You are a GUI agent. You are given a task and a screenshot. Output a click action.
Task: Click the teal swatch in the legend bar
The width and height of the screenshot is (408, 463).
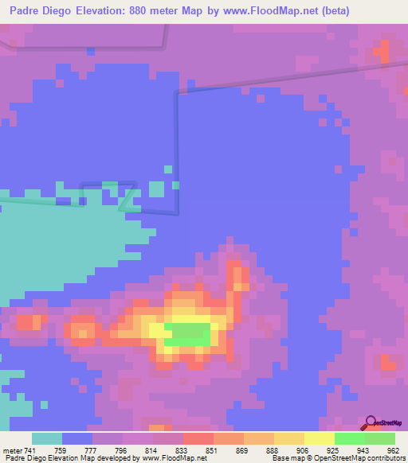click(x=47, y=438)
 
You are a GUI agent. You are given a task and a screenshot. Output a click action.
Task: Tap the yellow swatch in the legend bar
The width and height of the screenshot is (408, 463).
click(x=320, y=438)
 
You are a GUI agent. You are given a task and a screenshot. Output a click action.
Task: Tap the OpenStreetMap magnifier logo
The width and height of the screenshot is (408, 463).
click(x=371, y=422)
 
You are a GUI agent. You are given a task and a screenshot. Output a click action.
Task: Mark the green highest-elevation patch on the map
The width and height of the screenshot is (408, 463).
click(x=191, y=333)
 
